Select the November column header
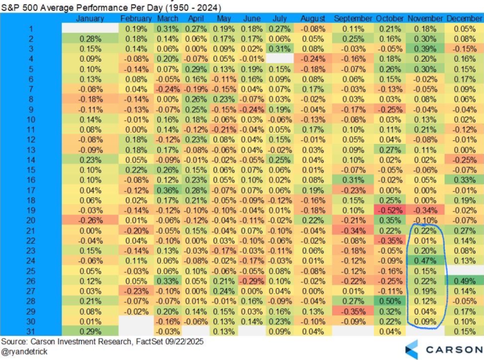tap(426, 19)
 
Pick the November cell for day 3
tap(426, 48)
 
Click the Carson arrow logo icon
tap(411, 349)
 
